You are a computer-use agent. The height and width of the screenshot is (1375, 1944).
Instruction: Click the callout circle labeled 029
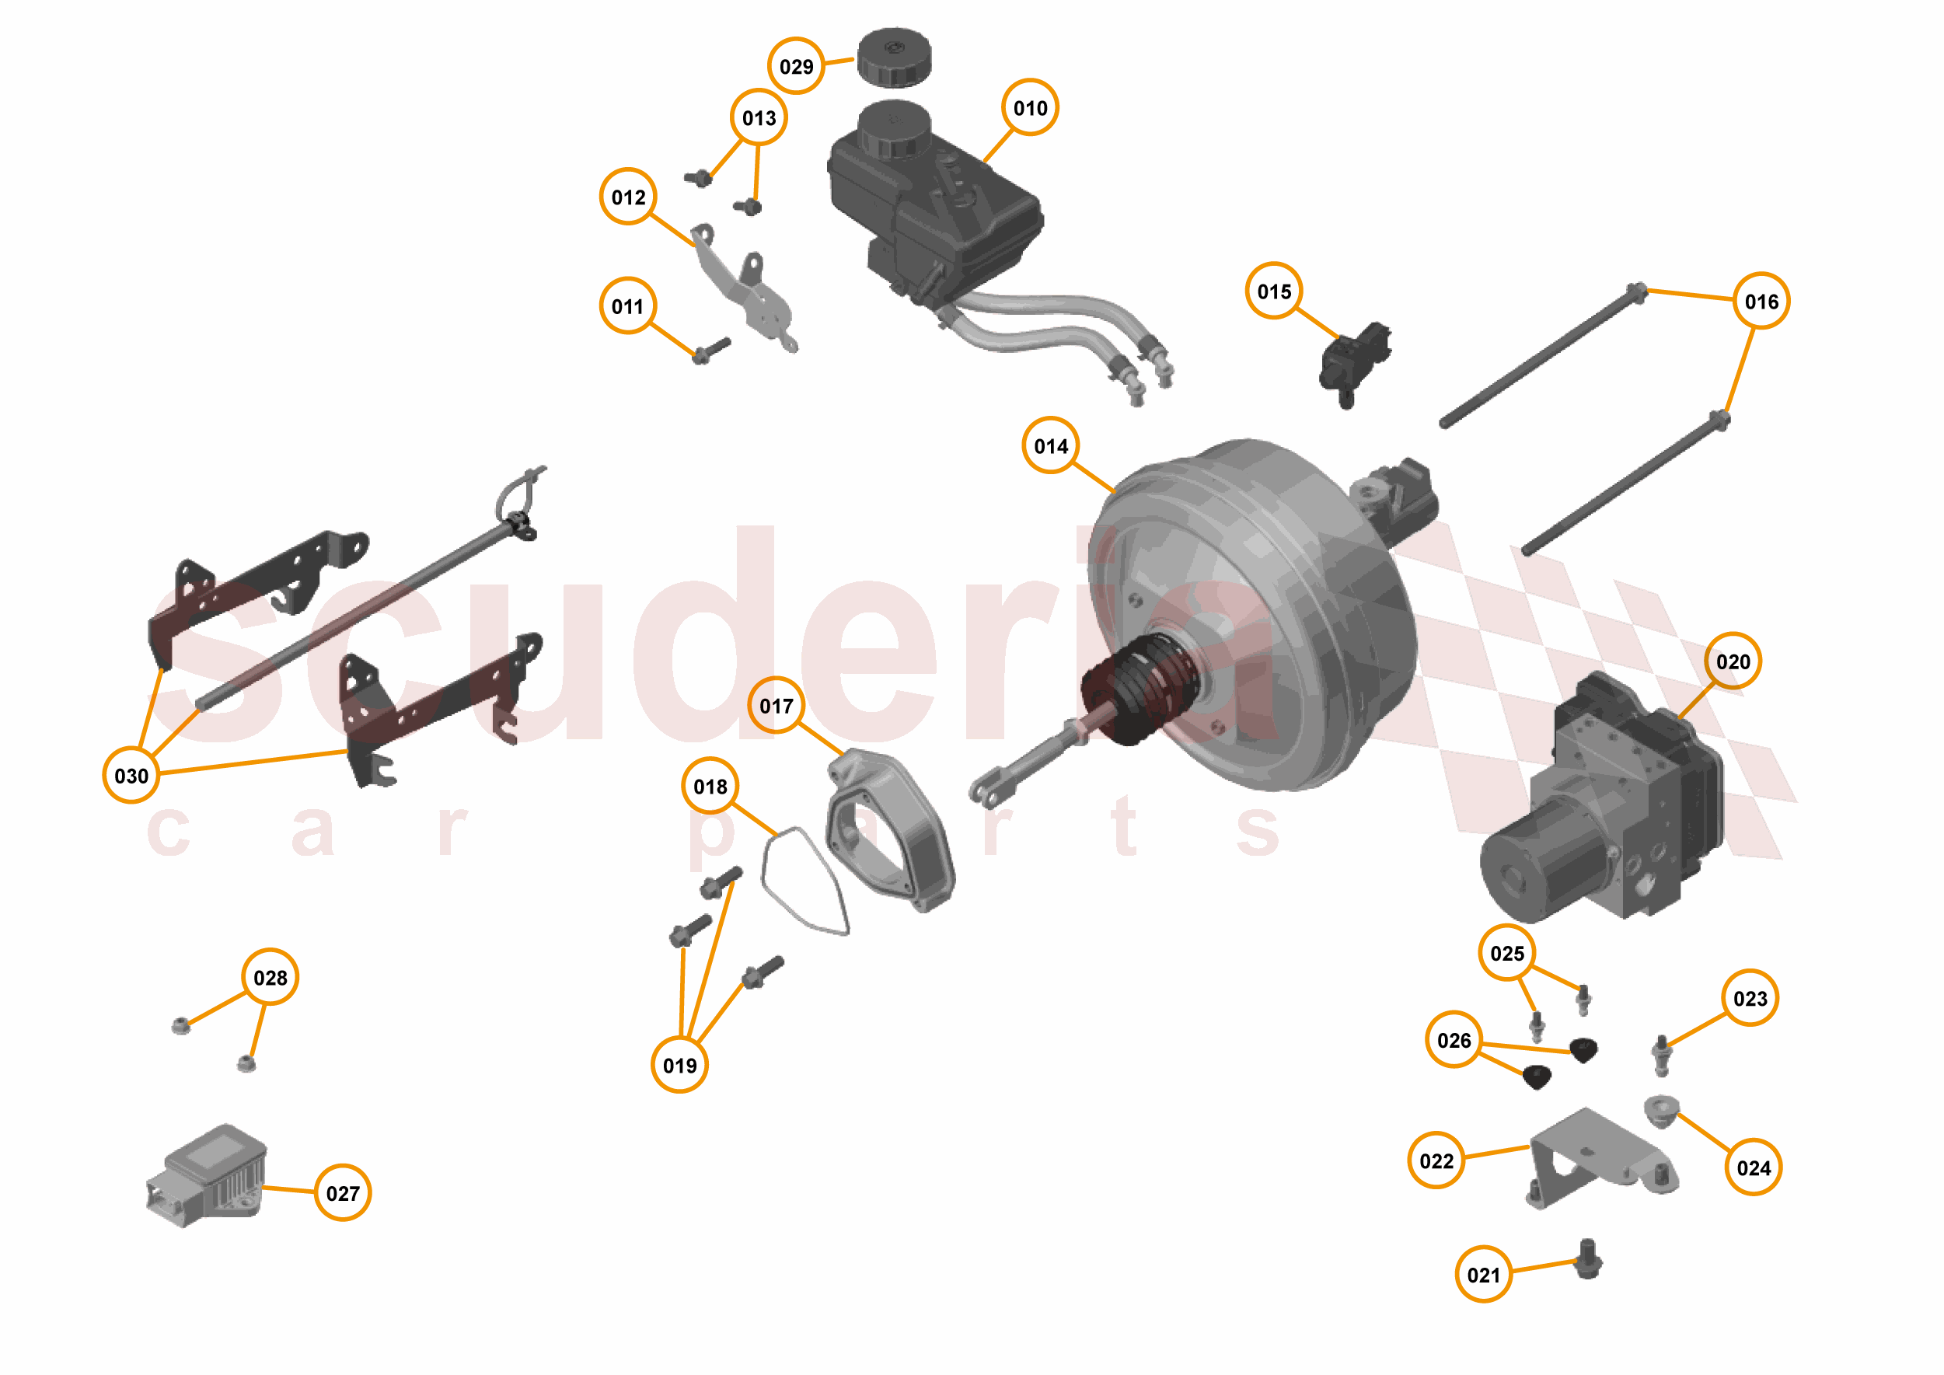(x=795, y=66)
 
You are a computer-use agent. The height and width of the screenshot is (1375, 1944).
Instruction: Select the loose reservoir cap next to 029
(x=893, y=57)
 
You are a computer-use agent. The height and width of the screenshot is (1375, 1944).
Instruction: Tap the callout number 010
(x=1030, y=107)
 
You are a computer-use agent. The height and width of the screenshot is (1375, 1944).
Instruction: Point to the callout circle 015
(x=1273, y=291)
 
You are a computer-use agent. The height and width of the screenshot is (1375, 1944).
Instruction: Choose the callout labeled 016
(x=1761, y=302)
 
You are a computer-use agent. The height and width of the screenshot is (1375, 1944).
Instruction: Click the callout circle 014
(x=1050, y=445)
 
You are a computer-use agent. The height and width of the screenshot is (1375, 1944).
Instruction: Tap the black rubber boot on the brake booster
(x=1143, y=687)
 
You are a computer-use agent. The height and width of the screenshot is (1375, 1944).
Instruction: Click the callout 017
(x=776, y=705)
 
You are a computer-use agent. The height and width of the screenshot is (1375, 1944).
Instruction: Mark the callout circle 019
(x=679, y=1065)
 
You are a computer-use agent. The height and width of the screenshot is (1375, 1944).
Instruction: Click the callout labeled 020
(x=1733, y=661)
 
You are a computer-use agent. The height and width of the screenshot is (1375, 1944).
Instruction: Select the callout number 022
(x=1436, y=1160)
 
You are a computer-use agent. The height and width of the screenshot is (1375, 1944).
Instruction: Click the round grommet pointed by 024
(x=1660, y=1110)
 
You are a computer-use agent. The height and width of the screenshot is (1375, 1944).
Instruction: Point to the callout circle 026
(x=1453, y=1040)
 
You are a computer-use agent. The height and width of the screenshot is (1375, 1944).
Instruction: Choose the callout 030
(x=131, y=776)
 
